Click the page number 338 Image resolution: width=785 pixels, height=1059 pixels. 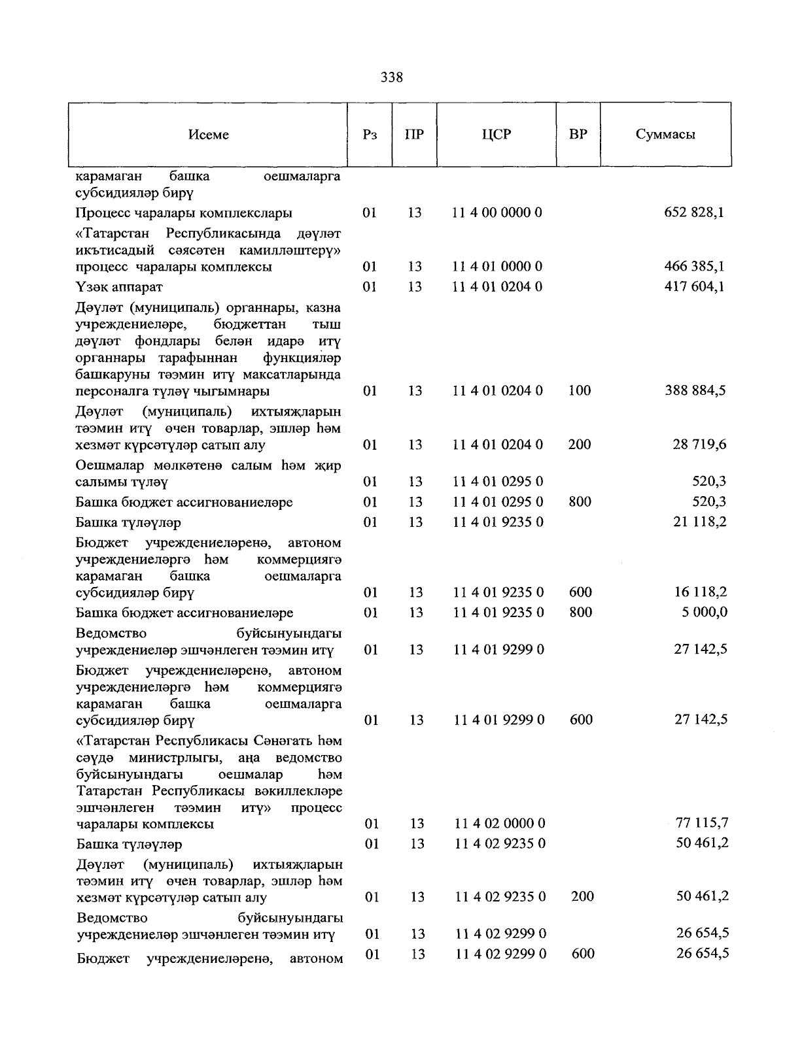[x=392, y=78]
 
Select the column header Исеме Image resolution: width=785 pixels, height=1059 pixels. [x=209, y=135]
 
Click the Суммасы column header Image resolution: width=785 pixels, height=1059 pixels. [x=665, y=135]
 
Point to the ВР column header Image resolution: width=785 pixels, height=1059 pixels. [x=578, y=135]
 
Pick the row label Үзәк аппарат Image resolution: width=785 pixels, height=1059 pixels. [x=119, y=287]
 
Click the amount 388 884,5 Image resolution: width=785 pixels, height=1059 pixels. [x=694, y=391]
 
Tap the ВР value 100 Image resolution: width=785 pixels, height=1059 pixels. [x=579, y=391]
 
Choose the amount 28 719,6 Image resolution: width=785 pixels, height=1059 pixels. [x=699, y=445]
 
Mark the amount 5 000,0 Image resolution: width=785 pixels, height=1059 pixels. [x=703, y=613]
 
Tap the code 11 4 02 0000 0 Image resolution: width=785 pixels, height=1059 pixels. [x=500, y=823]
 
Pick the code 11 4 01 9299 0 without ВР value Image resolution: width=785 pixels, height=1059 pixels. [x=498, y=650]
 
